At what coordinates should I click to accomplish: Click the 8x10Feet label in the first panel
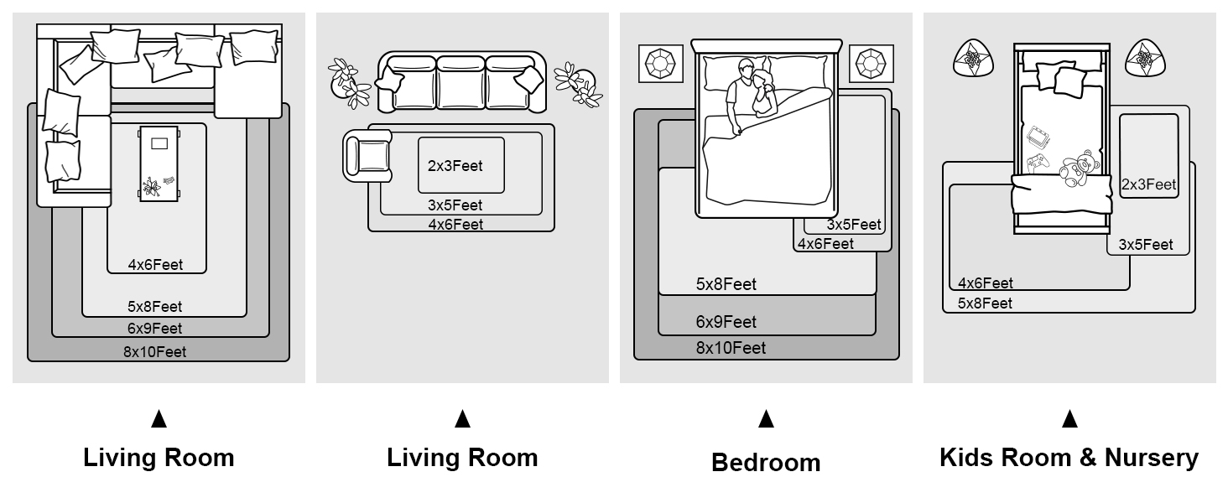coord(155,352)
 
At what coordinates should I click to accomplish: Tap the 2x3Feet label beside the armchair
coord(455,166)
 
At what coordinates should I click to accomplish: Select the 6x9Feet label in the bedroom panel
coord(726,322)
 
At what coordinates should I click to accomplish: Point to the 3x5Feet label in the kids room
coord(1146,245)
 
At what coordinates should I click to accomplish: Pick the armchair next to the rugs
coord(366,156)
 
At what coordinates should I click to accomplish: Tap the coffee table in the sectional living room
coord(159,163)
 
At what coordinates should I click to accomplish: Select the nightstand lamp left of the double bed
coord(661,64)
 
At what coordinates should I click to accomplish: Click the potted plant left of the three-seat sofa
coord(349,82)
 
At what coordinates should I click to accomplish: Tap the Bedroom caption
coord(766,462)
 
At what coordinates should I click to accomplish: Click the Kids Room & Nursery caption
coord(1069,458)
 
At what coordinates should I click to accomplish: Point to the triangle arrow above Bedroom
coord(766,418)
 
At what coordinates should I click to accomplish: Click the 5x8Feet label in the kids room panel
coord(985,303)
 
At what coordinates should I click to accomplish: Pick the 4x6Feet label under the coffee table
coord(155,265)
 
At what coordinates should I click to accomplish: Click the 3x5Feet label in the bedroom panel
coord(854,225)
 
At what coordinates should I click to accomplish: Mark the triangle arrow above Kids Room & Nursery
coord(1069,418)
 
